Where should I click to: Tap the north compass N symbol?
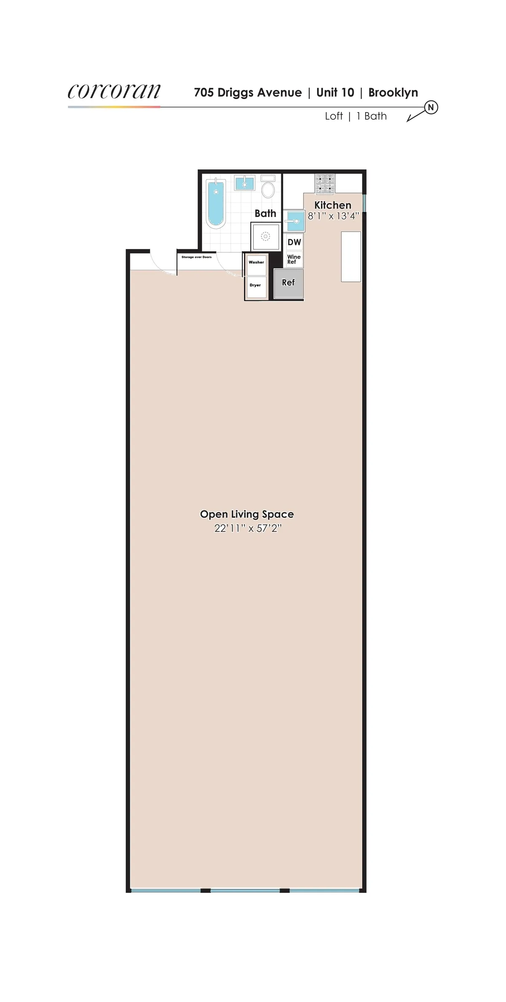(431, 107)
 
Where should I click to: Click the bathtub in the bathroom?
(215, 203)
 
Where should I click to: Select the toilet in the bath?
(268, 187)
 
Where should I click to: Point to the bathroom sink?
(244, 183)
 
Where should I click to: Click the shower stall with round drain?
(265, 237)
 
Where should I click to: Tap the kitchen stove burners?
(325, 184)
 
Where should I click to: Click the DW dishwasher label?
(294, 242)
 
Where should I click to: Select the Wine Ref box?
(293, 259)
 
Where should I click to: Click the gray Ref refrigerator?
(288, 283)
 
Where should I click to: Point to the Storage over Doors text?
(196, 257)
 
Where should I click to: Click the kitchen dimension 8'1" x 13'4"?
(333, 216)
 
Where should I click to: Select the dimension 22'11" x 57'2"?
(248, 528)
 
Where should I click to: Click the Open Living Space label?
(247, 514)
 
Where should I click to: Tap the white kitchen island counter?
(351, 256)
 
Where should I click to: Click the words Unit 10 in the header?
(335, 93)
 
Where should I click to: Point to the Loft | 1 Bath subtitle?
(355, 116)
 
